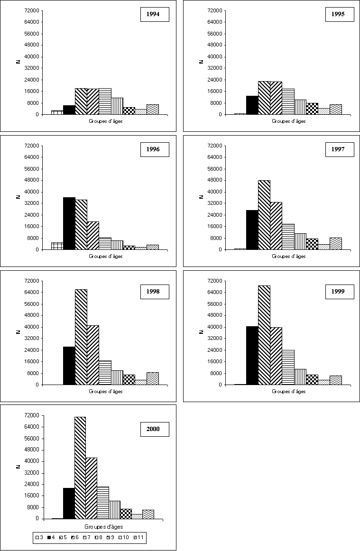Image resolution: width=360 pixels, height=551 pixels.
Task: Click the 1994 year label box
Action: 155,15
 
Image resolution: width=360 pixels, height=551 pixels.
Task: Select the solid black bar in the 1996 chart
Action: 69,223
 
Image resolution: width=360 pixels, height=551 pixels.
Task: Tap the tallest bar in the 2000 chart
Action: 80,468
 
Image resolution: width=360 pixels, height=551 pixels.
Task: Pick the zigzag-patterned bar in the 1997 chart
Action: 336,243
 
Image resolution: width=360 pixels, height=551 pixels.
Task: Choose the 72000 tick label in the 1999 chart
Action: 215,281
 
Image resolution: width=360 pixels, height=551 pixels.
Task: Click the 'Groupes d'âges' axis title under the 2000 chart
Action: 104,526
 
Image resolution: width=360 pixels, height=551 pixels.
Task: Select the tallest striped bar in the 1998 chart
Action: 81,337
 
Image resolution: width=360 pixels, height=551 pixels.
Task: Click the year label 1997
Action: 338,150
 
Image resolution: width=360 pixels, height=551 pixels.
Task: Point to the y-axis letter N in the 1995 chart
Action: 201,61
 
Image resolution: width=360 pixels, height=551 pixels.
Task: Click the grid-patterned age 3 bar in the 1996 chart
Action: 57,246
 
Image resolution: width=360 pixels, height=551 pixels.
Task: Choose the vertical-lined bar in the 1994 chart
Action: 117,106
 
